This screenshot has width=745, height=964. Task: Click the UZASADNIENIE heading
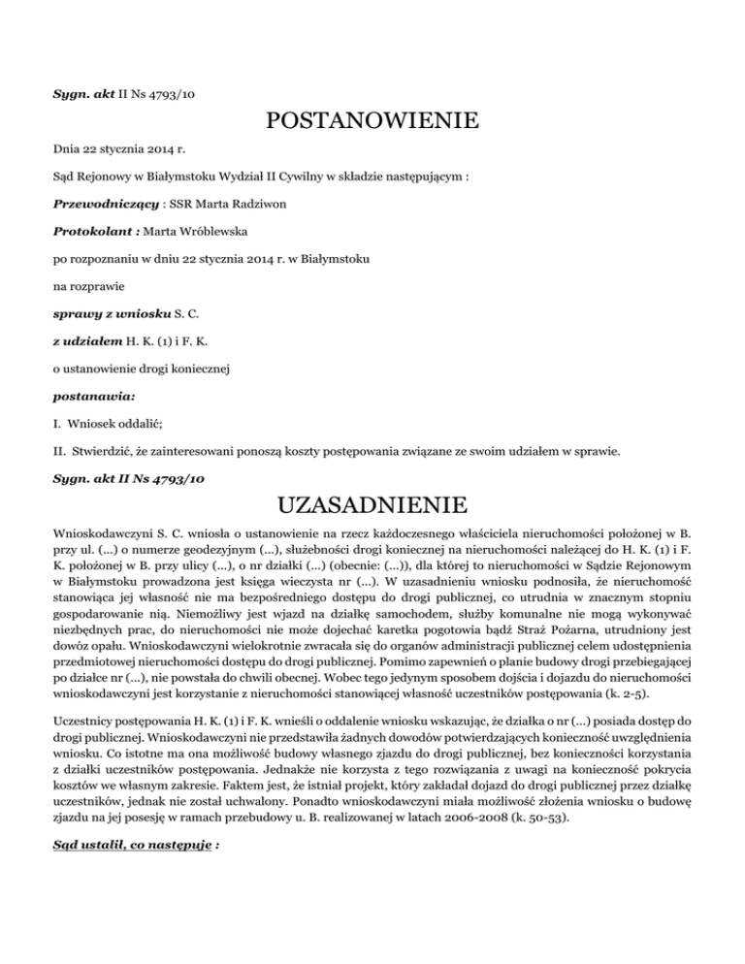(x=372, y=505)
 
